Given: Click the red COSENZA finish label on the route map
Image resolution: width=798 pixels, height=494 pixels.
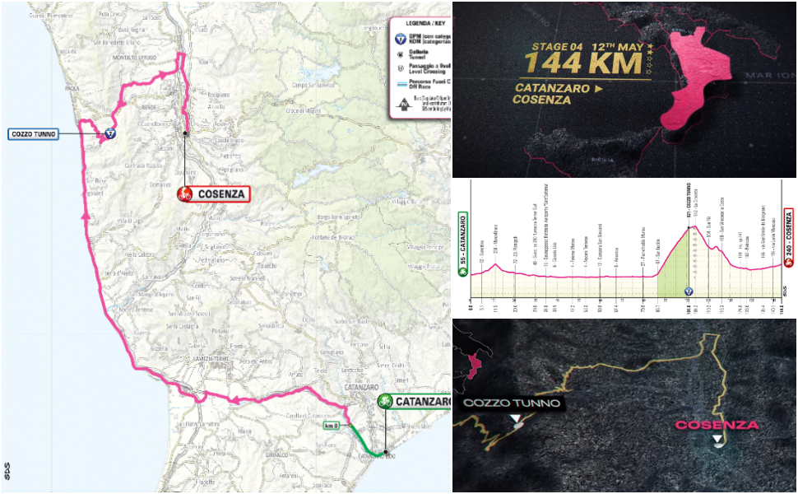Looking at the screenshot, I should (x=212, y=194).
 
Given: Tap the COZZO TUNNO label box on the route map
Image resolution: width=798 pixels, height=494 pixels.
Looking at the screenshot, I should (x=33, y=134).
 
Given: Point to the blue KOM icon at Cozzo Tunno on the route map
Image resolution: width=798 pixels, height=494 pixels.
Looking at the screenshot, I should (x=109, y=133).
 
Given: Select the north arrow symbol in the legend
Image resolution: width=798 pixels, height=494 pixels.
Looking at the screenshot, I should (x=404, y=103).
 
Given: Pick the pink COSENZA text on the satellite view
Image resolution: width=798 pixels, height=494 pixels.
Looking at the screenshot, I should (x=717, y=425).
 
